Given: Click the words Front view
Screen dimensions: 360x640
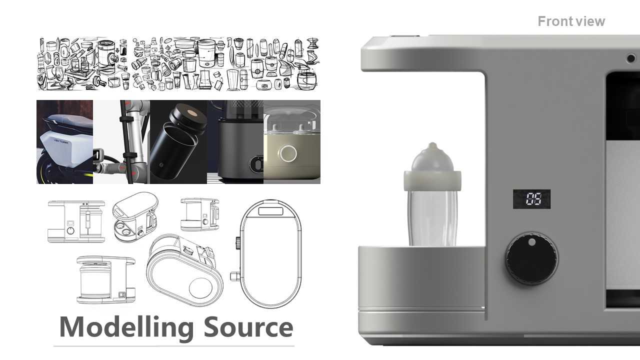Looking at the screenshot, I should [571, 21].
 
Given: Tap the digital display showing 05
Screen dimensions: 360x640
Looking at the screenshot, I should [531, 198].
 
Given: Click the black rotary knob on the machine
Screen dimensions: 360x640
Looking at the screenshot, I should [531, 258].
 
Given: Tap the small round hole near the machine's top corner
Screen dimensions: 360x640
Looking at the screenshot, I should [631, 58].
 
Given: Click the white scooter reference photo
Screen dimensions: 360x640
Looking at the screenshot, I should [64, 142].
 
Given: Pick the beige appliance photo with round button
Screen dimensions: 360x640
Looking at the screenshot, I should [292, 142].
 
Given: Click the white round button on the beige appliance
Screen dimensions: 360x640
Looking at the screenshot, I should [287, 154].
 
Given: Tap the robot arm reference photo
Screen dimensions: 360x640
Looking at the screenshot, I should [121, 142].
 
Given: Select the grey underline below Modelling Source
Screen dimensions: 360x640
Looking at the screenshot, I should [174, 346].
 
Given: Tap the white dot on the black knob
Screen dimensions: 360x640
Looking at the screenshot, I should [531, 242].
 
